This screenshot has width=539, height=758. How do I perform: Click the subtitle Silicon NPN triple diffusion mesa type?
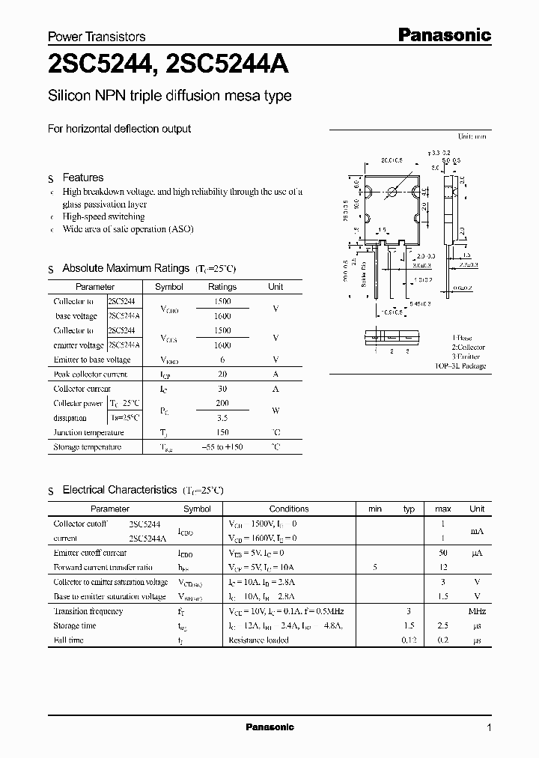click(170, 96)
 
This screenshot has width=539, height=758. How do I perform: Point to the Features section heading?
click(82, 178)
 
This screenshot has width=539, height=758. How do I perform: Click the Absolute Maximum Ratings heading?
click(125, 268)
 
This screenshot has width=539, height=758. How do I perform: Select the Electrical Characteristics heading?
click(119, 490)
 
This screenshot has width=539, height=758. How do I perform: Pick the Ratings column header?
click(222, 287)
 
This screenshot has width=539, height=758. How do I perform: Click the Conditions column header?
click(288, 509)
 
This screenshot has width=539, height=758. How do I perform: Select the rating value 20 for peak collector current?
click(222, 374)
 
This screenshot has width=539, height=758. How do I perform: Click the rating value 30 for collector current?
click(222, 389)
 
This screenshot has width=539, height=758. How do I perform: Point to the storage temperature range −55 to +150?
click(222, 447)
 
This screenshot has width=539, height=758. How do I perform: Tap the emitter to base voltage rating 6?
click(222, 360)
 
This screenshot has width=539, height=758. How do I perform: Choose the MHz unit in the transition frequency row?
click(477, 611)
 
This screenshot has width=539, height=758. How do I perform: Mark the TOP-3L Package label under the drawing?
click(460, 366)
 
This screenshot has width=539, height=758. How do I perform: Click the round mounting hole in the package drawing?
click(391, 192)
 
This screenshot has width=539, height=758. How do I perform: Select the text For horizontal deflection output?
click(119, 129)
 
